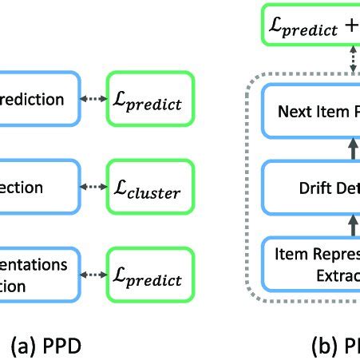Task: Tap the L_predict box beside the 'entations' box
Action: coord(151,280)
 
